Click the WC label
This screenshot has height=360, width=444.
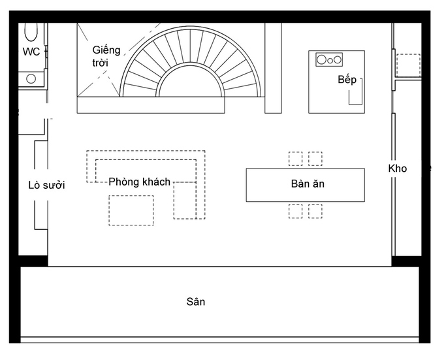pos(31,52)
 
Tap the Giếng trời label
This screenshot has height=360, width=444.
pos(106,56)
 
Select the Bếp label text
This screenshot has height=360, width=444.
pos(347,79)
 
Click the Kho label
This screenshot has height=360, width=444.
pos(397,169)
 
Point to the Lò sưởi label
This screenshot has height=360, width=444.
pos(46,185)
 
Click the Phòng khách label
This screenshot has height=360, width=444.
pos(139,182)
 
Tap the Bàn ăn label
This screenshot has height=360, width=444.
pos(308,184)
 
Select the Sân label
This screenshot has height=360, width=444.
pos(196,302)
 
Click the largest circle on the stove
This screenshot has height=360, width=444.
pos(322,59)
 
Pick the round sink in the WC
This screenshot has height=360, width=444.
pos(31,79)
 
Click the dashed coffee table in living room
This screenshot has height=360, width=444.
pos(131,210)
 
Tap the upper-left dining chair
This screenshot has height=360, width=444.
pos(295,159)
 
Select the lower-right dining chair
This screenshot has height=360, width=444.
pos(315,211)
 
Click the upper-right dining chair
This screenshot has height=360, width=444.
pos(315,159)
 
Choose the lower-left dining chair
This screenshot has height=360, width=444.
pos(295,211)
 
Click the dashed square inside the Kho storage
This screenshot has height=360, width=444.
pos(408,65)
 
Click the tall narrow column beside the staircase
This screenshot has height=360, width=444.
pos(273,68)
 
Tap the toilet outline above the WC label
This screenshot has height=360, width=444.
pos(31,32)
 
